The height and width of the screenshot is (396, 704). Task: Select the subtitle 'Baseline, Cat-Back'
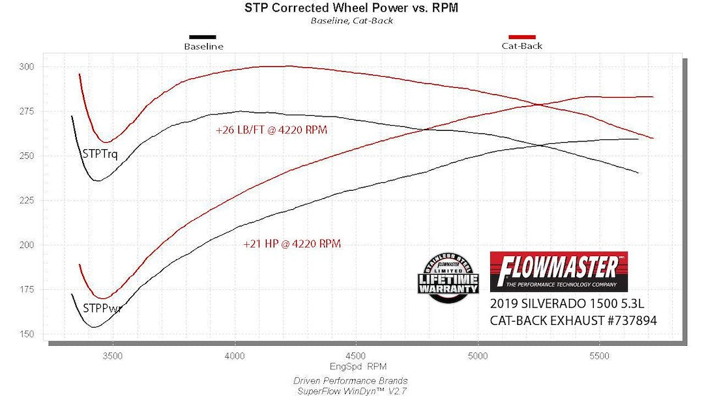click(352, 20)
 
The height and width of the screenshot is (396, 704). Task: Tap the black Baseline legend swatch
click(203, 37)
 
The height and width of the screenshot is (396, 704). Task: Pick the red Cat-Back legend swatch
click(521, 37)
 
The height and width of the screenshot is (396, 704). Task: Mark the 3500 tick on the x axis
click(113, 356)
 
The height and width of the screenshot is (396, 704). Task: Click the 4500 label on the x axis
click(356, 356)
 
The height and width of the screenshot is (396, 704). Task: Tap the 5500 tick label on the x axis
click(599, 356)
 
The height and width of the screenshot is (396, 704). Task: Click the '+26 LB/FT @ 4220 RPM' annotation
click(271, 130)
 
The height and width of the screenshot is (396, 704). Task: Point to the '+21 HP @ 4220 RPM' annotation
click(292, 244)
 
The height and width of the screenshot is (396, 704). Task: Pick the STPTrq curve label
click(100, 154)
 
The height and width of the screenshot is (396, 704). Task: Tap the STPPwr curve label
click(102, 308)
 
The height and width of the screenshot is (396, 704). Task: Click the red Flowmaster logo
click(558, 271)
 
